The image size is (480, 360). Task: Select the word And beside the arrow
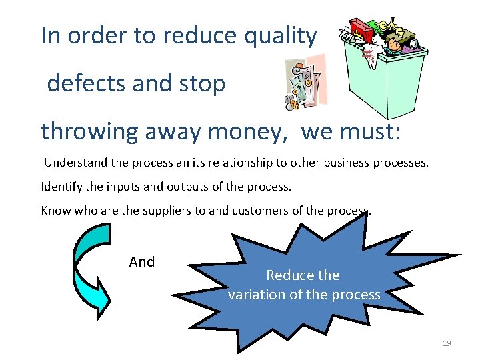click(x=141, y=262)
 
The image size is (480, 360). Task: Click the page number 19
click(x=447, y=343)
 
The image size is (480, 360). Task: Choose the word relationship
click(x=238, y=162)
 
